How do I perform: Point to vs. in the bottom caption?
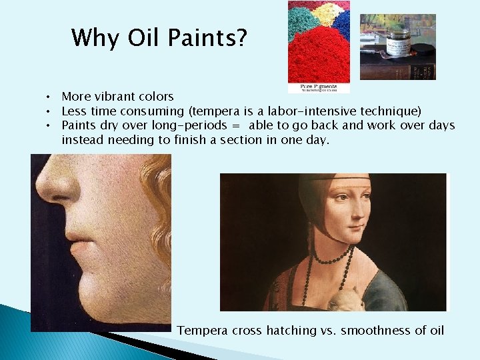click(x=329, y=330)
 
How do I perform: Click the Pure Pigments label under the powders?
click(x=319, y=87)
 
